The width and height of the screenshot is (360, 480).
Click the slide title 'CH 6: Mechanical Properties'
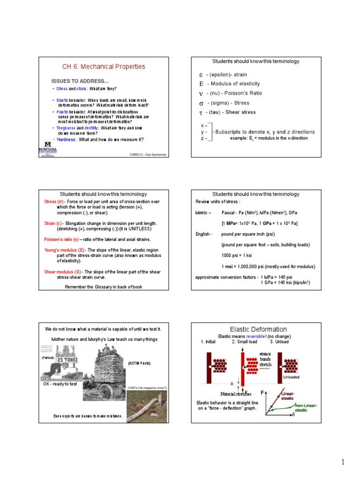click(x=104, y=67)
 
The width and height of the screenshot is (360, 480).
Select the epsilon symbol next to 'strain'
click(x=201, y=75)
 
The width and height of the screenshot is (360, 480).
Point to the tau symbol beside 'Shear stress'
click(x=201, y=112)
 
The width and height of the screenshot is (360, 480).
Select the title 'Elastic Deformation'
click(x=258, y=330)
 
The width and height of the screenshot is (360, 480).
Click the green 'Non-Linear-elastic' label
click(x=304, y=407)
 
